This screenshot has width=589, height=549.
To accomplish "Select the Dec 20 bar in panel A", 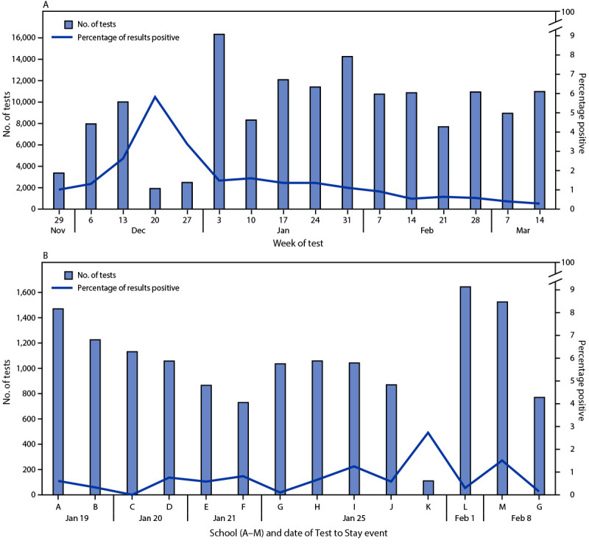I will (155, 198).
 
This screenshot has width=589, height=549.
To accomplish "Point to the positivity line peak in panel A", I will (155, 97).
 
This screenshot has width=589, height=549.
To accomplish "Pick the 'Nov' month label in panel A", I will (59, 229).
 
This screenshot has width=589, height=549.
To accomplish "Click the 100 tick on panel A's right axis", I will (564, 12).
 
